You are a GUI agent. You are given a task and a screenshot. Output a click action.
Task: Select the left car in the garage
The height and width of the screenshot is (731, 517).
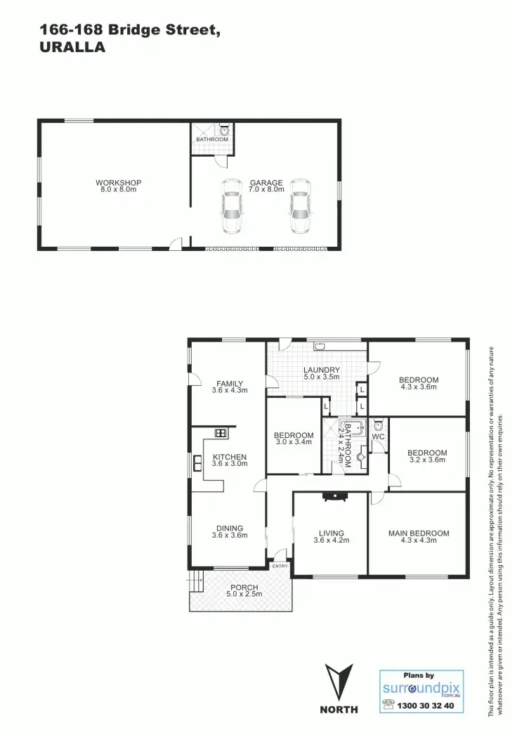pyautogui.click(x=232, y=205)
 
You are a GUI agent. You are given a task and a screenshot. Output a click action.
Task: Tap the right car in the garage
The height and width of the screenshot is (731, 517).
pyautogui.click(x=300, y=205)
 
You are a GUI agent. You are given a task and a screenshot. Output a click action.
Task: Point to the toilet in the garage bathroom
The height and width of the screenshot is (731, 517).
pyautogui.click(x=224, y=130)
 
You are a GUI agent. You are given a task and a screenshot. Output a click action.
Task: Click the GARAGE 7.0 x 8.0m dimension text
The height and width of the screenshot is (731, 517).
pyautogui.click(x=266, y=190)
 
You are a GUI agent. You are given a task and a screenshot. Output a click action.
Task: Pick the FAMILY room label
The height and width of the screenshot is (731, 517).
pyautogui.click(x=230, y=383)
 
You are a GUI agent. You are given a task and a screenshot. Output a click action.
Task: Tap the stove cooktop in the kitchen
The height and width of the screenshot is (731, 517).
pyautogui.click(x=220, y=433)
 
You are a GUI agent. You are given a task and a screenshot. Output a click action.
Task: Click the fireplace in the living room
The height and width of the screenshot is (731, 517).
pyautogui.click(x=334, y=496)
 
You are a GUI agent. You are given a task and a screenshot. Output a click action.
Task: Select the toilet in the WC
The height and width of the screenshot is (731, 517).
pyautogui.click(x=378, y=425)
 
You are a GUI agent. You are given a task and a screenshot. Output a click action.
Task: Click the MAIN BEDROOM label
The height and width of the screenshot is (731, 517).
pyautogui.click(x=418, y=533)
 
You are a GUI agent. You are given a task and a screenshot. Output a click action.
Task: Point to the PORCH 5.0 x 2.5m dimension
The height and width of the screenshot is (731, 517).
pyautogui.click(x=244, y=595)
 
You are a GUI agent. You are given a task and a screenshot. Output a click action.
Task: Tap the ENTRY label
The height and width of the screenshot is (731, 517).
pyautogui.click(x=280, y=566)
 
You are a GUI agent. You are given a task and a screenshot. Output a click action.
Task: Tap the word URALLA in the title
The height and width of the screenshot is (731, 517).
pyautogui.click(x=73, y=48)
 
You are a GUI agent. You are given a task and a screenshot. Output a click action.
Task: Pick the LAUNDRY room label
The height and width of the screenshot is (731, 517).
pyautogui.click(x=321, y=370)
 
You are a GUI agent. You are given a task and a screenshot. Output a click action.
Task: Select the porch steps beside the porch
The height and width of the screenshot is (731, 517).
pyautogui.click(x=195, y=581)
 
